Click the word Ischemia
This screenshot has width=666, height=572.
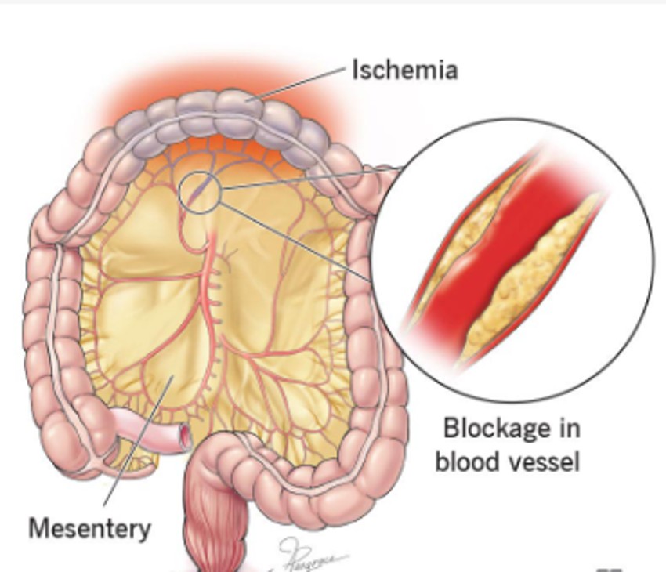(x=404, y=71)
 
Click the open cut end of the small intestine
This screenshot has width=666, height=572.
(x=185, y=435)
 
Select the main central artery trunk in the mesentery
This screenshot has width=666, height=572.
(x=211, y=313)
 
